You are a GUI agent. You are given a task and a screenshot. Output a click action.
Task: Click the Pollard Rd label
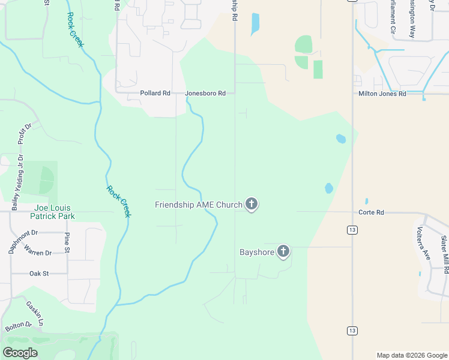pyautogui.click(x=155, y=94)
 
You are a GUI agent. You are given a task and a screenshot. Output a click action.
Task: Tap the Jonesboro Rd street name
pyautogui.click(x=205, y=94)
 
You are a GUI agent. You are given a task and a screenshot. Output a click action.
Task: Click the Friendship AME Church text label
pyautogui.click(x=198, y=205)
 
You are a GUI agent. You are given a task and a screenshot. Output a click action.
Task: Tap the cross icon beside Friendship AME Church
pyautogui.click(x=252, y=205)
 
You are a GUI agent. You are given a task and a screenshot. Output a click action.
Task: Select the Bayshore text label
pyautogui.click(x=257, y=252)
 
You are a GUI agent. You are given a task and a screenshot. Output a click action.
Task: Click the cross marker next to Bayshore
pyautogui.click(x=283, y=252)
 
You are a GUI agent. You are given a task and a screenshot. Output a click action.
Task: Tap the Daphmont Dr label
pyautogui.click(x=23, y=241)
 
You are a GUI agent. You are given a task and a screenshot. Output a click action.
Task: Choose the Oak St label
pyautogui.click(x=39, y=274)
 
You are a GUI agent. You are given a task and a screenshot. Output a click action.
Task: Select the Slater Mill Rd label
pyautogui.click(x=444, y=251)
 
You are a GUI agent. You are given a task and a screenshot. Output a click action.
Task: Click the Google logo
pyautogui.click(x=20, y=353)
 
